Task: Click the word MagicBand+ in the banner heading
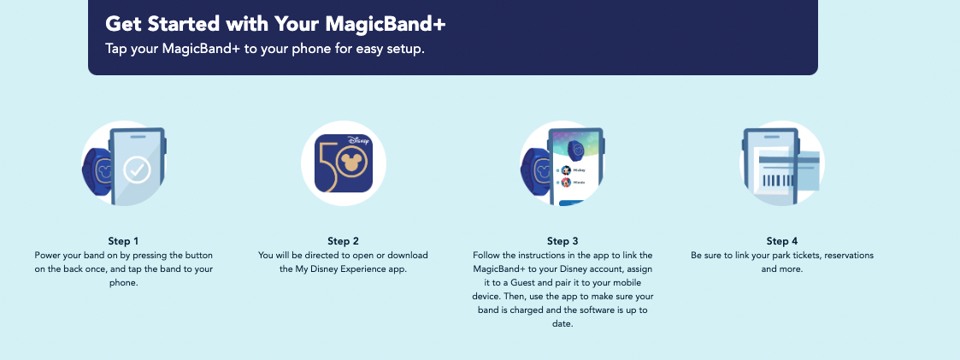pyautogui.click(x=385, y=24)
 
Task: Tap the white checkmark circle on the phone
pyautogui.click(x=137, y=169)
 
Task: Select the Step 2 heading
pyautogui.click(x=343, y=241)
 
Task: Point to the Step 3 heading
pyautogui.click(x=562, y=241)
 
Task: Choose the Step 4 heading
pyautogui.click(x=782, y=241)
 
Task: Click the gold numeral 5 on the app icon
pyautogui.click(x=327, y=165)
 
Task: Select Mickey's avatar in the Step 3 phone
pyautogui.click(x=566, y=170)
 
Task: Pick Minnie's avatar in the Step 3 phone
pyautogui.click(x=566, y=182)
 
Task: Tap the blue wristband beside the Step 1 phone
pyautogui.click(x=96, y=169)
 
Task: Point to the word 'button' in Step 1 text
pyautogui.click(x=198, y=256)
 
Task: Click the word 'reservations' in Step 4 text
pyautogui.click(x=848, y=256)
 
